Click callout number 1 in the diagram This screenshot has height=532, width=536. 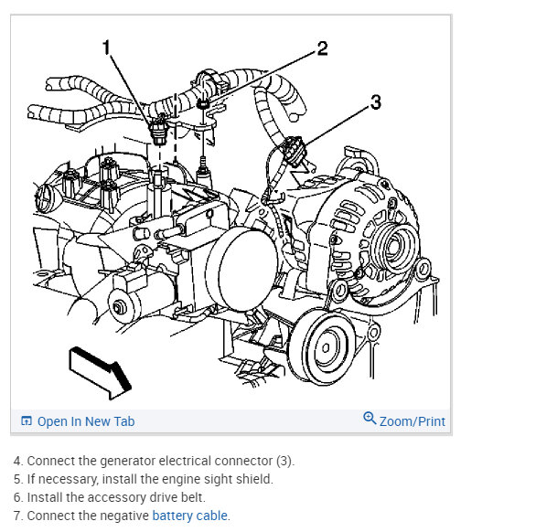coord(107,48)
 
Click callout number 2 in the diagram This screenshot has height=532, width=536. coord(322,48)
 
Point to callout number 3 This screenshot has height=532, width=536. coord(376,102)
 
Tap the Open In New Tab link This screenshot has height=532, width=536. coord(86,421)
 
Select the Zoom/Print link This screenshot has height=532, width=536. coord(413,421)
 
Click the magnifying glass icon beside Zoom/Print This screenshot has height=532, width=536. coord(370,418)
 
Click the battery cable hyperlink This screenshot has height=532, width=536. coord(189,516)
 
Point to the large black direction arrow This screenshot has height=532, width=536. coord(100,373)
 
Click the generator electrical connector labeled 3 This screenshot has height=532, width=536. coord(294,151)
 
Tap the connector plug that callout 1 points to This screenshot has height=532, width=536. coord(158,132)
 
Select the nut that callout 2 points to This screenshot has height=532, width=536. coord(203,103)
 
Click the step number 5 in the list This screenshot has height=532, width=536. coord(17,479)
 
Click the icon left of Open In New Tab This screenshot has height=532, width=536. coord(27,420)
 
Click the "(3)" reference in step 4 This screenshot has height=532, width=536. coord(284,461)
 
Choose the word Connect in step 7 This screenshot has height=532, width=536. coord(51,516)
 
